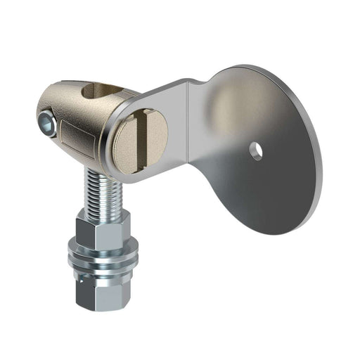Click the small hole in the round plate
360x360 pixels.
coord(255,150)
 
